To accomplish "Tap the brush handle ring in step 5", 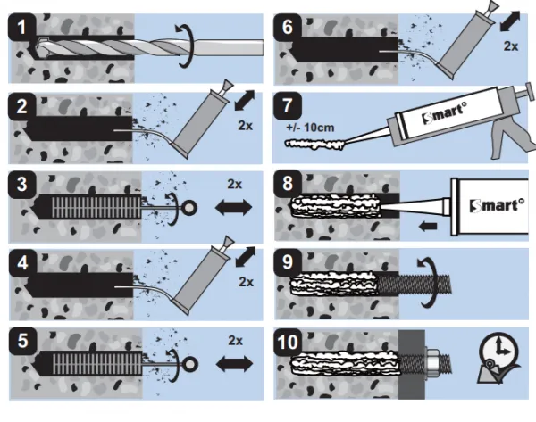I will coord(187,365).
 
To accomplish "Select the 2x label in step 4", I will coord(246,282).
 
